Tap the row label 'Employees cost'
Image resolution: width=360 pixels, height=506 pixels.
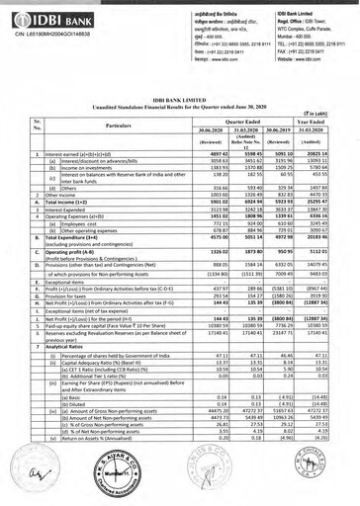[x=68, y=228]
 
